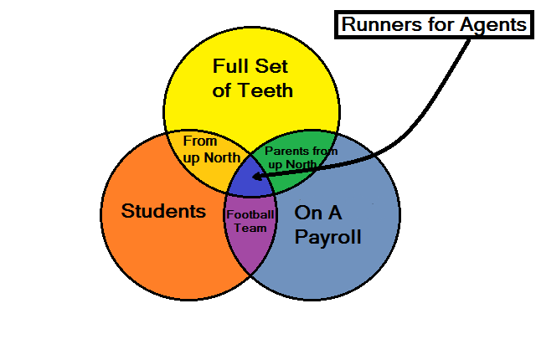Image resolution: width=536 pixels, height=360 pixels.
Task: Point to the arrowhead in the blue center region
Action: [258, 177]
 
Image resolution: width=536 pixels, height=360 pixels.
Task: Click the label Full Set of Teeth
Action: [252, 77]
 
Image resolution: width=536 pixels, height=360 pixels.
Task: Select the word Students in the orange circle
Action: [163, 211]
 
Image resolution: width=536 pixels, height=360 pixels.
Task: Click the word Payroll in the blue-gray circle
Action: [327, 237]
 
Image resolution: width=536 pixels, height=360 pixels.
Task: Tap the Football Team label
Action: [250, 221]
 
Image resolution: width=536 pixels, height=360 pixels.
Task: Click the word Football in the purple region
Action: [250, 214]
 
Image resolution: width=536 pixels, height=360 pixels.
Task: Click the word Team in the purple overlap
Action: [250, 228]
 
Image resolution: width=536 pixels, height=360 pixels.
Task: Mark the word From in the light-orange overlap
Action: [199, 141]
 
